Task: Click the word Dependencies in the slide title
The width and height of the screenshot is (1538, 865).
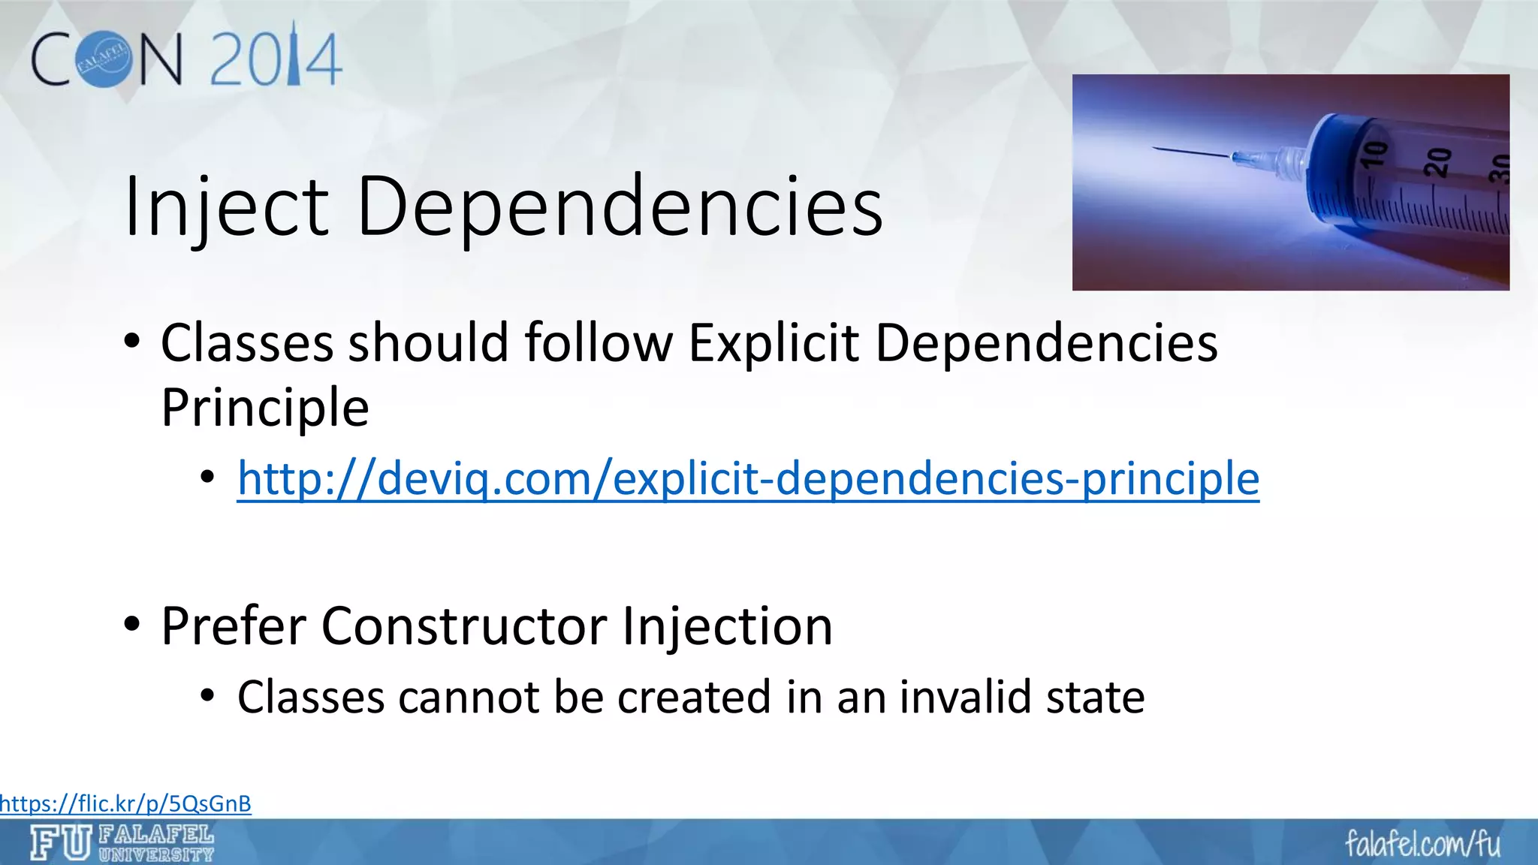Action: [x=620, y=206]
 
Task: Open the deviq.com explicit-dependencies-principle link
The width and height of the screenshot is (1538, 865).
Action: [x=748, y=478]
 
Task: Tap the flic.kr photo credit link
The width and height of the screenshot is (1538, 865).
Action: [x=125, y=803]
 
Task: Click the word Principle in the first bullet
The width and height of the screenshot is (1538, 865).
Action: [x=265, y=408]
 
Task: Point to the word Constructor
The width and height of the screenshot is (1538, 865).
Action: [x=464, y=625]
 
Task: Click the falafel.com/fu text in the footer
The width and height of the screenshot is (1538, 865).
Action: [x=1422, y=843]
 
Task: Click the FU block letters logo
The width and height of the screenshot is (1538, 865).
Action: [x=61, y=842]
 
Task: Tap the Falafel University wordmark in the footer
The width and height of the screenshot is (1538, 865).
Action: [x=156, y=843]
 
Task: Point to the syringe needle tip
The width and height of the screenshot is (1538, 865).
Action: [x=1154, y=149]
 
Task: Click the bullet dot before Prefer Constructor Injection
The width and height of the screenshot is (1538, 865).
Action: [x=132, y=624]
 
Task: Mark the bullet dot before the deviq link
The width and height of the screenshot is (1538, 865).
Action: [x=208, y=478]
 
